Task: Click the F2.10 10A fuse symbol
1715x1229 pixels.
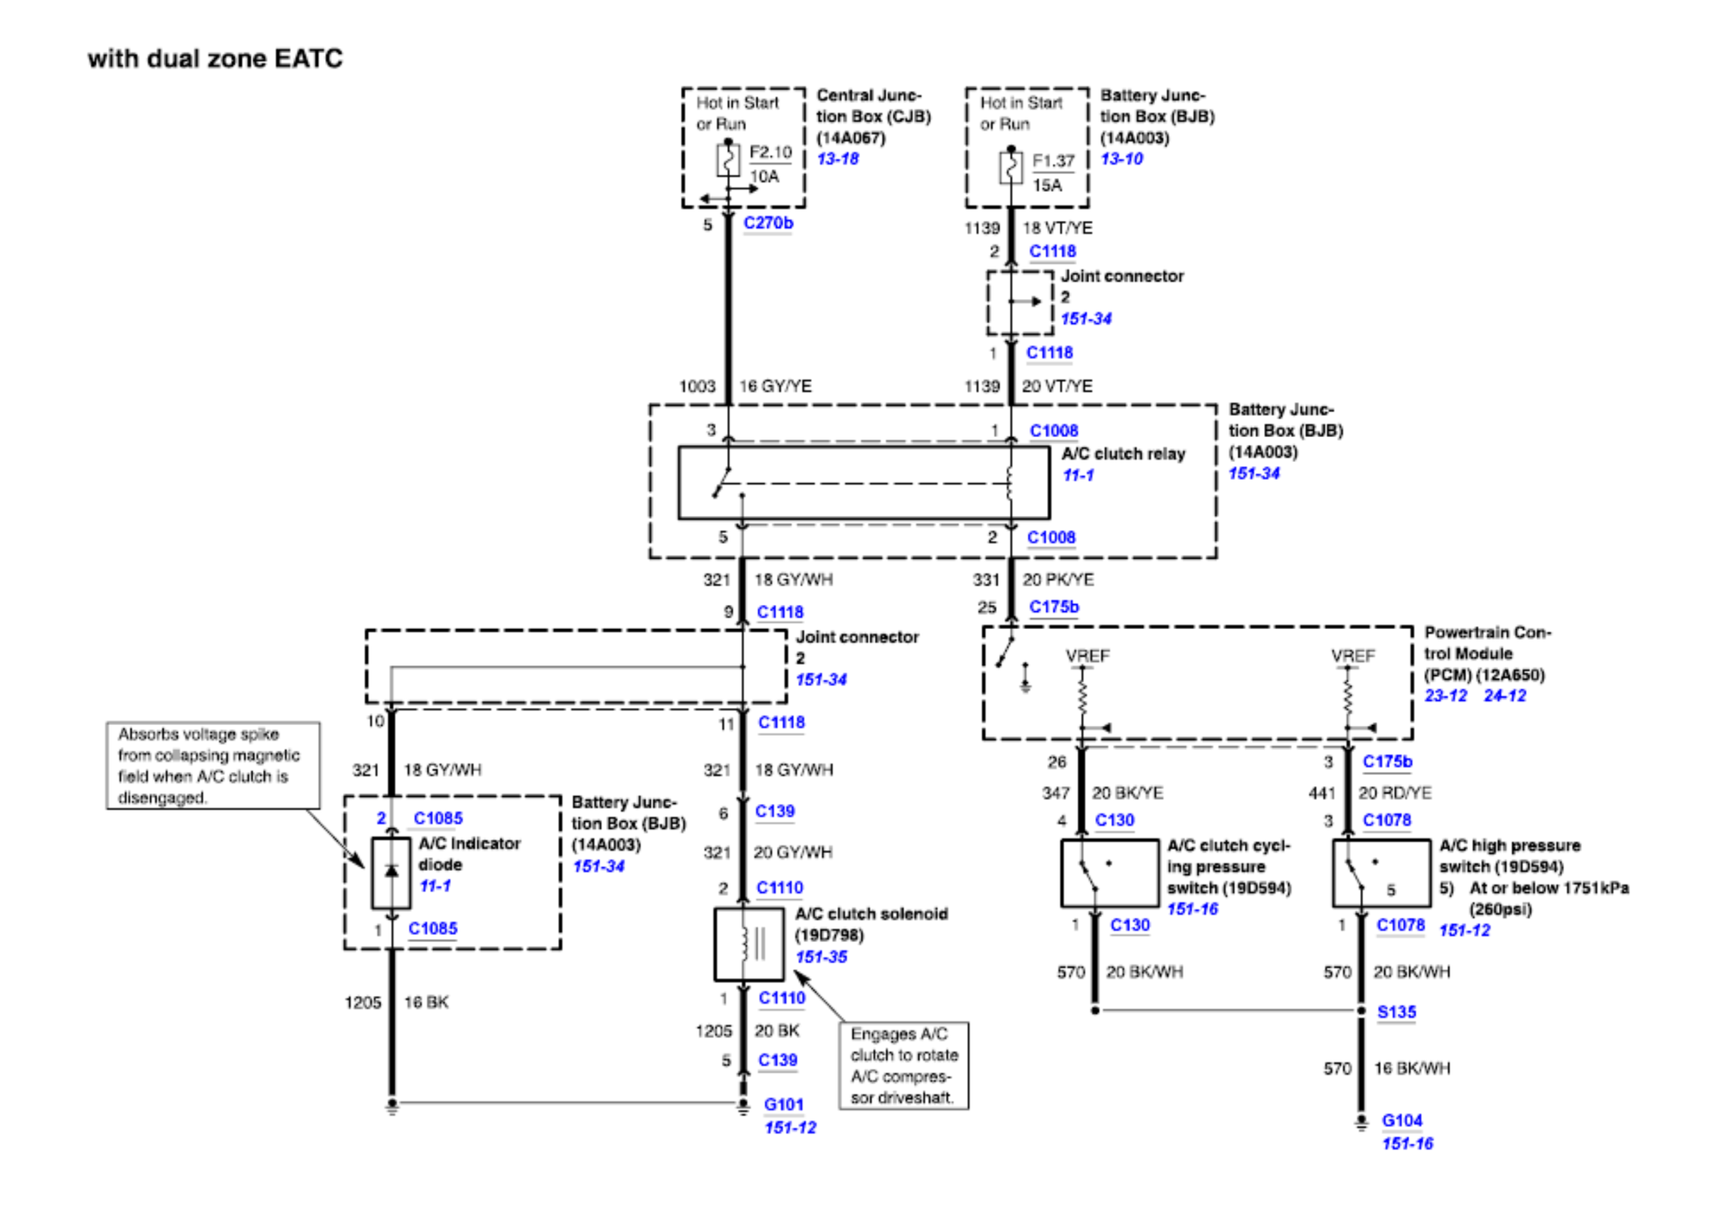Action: [727, 160]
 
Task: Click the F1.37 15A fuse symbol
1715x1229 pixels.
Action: [1010, 166]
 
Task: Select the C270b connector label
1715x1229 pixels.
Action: [767, 223]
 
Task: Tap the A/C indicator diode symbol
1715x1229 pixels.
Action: [391, 872]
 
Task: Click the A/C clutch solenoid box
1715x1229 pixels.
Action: [748, 944]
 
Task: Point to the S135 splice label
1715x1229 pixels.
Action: [1396, 1012]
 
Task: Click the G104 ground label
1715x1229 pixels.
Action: [1401, 1120]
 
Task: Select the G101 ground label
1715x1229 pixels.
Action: [783, 1105]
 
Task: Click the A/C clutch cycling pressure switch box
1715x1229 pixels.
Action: [1109, 872]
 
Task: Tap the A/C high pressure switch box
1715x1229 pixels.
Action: [1381, 872]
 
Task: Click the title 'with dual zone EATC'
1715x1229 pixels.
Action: [214, 58]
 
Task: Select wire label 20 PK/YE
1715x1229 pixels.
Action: [1057, 579]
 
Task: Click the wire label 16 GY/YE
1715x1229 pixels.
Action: [774, 387]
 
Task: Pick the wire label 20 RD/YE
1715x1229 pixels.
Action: [1394, 793]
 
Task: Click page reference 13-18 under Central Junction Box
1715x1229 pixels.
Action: [837, 159]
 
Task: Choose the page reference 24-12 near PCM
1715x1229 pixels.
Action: [1504, 696]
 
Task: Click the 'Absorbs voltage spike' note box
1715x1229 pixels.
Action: [213, 765]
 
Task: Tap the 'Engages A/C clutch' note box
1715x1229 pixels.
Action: [903, 1065]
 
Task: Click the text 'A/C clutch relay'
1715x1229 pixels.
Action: [1122, 453]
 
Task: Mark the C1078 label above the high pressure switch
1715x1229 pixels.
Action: [1387, 820]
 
